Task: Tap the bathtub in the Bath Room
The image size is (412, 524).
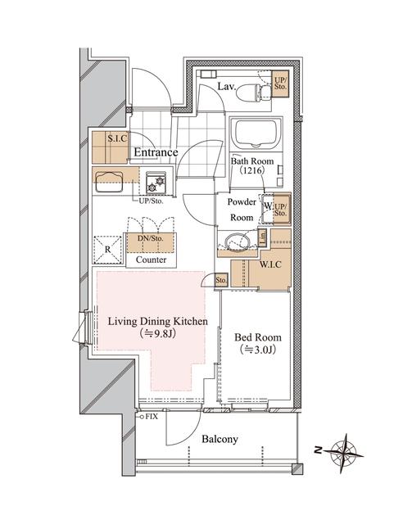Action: (x=257, y=134)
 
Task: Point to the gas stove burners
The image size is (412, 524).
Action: (x=155, y=180)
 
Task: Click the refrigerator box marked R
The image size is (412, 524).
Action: (x=106, y=247)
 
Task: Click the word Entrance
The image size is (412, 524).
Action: (x=156, y=153)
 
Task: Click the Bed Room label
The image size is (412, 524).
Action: (x=259, y=337)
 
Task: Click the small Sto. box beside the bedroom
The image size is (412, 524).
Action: (x=221, y=280)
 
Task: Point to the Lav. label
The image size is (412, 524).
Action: (x=228, y=85)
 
